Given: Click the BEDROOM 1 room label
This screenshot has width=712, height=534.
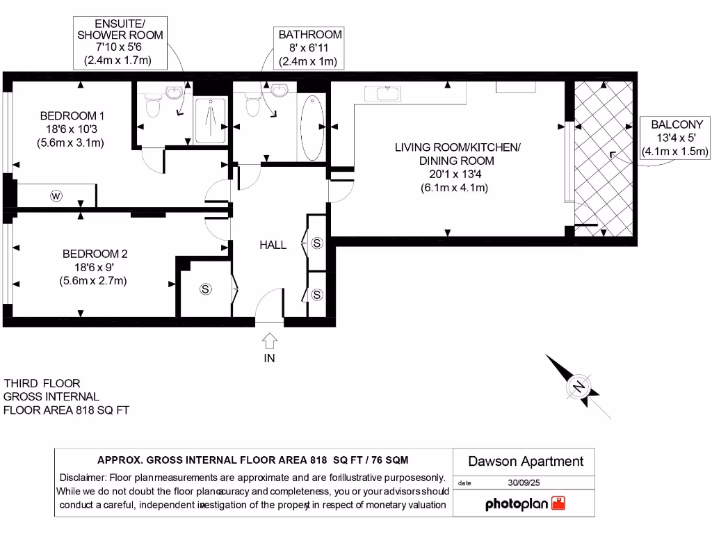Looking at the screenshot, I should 72,115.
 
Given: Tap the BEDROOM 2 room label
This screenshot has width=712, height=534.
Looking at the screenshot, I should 95,254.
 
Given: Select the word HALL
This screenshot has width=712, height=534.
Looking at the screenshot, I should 273,245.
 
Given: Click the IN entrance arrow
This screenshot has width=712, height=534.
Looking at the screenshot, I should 270,341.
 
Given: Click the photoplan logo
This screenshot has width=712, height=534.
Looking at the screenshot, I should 525,504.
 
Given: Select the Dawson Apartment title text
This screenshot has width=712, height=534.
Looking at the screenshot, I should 525,461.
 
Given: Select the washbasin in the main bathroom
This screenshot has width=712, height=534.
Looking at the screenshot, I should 280,90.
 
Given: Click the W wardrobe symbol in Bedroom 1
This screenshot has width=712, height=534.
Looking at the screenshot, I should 56,196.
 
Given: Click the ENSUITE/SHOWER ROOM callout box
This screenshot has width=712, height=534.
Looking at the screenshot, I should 120,42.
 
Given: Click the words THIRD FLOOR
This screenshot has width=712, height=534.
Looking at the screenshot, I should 42,383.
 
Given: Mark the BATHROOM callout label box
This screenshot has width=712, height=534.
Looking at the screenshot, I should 310,48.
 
